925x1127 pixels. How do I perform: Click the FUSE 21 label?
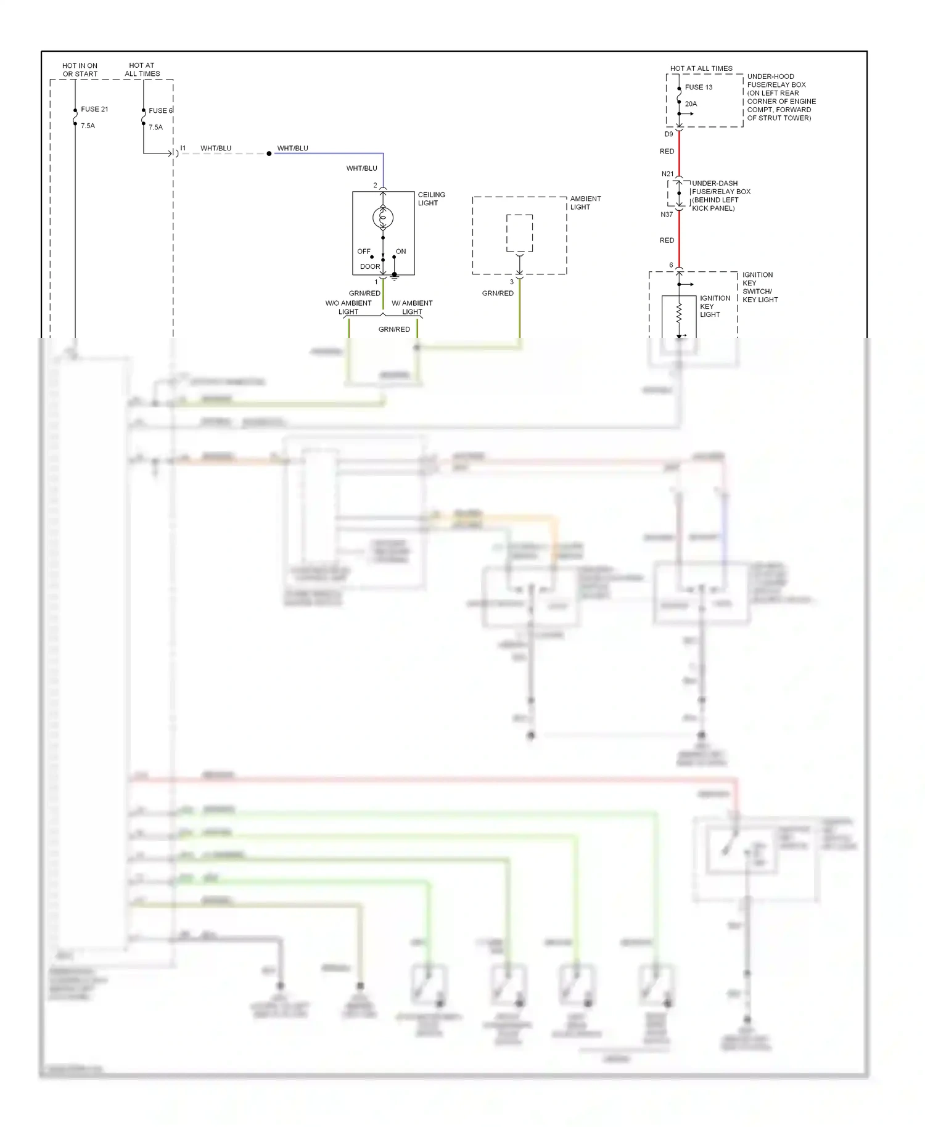[94, 109]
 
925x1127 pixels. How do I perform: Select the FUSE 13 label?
[698, 88]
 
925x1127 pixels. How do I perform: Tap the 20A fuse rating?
[691, 104]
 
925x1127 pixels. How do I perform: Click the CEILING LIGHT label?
[431, 199]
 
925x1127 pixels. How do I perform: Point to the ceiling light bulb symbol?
[383, 217]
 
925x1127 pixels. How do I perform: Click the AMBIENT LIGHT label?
[585, 203]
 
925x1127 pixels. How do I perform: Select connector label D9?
[668, 134]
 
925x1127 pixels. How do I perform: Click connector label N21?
[667, 174]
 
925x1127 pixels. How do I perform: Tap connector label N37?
[667, 215]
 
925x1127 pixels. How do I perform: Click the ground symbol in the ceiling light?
[395, 277]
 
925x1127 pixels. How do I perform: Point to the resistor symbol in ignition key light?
[679, 313]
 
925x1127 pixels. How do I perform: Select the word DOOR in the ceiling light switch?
[370, 267]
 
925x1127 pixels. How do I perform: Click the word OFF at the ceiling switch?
[364, 252]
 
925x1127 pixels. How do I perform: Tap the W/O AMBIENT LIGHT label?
[348, 307]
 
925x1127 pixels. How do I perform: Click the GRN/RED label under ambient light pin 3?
[497, 293]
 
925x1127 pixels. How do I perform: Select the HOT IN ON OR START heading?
[80, 70]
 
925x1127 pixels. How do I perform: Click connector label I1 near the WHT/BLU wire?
[183, 148]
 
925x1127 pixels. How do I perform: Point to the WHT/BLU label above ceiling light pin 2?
[361, 168]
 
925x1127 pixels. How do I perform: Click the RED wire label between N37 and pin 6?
[667, 240]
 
